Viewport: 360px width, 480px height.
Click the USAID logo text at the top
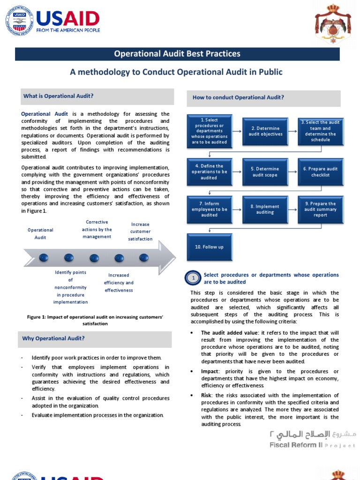point(67,19)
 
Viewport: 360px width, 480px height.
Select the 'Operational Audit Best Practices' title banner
point(177,54)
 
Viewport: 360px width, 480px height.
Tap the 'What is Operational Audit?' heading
point(59,96)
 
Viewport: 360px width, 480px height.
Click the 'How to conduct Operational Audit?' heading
point(238,97)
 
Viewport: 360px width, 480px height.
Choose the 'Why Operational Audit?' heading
point(54,338)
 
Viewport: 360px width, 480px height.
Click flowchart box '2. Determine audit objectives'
point(265,131)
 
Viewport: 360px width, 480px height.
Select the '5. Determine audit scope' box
point(265,172)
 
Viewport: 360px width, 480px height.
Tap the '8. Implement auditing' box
point(265,210)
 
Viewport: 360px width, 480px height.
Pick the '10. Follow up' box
point(209,247)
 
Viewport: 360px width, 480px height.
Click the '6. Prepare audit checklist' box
point(320,172)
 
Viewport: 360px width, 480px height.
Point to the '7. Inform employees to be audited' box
point(209,210)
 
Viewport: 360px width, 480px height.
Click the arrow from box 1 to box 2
point(237,131)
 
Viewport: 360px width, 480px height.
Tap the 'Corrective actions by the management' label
point(97,229)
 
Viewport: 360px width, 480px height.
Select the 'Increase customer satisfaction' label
point(140,232)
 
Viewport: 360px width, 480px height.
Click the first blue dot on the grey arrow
point(44,257)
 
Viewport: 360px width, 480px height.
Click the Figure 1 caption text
point(95,320)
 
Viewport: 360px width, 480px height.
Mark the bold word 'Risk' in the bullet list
point(206,396)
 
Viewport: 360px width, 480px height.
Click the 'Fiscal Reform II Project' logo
point(313,439)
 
